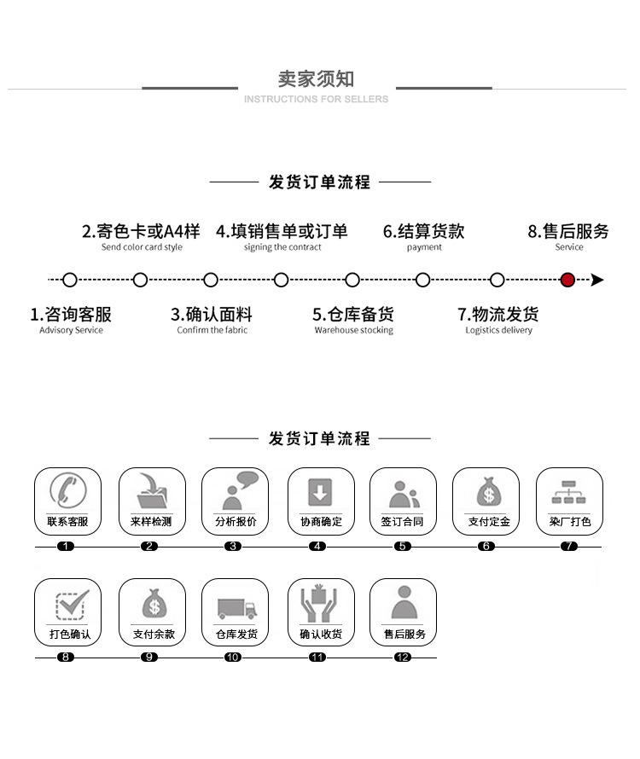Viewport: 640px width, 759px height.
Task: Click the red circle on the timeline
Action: pyautogui.click(x=567, y=280)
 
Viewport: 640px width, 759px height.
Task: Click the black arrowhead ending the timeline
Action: pyautogui.click(x=597, y=280)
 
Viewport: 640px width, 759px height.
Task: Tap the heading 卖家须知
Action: pyautogui.click(x=316, y=79)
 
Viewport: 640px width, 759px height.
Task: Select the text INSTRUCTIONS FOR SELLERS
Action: pyautogui.click(x=316, y=100)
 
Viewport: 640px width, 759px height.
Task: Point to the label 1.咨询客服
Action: pyautogui.click(x=71, y=315)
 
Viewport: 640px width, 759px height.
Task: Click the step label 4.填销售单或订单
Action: pyautogui.click(x=282, y=231)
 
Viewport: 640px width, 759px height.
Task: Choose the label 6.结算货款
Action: pyautogui.click(x=423, y=231)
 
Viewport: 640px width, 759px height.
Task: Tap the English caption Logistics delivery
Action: pyautogui.click(x=498, y=331)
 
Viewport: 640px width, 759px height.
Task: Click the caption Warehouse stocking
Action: pyautogui.click(x=353, y=331)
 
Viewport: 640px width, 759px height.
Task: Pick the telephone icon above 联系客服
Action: pyautogui.click(x=67, y=491)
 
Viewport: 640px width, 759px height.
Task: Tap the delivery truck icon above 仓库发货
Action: pyautogui.click(x=236, y=607)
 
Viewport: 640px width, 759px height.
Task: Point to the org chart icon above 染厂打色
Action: pyautogui.click(x=568, y=492)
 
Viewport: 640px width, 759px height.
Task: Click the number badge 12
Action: pyautogui.click(x=403, y=658)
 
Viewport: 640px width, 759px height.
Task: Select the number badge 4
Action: pyautogui.click(x=317, y=546)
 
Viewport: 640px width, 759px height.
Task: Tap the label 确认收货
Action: pyautogui.click(x=320, y=634)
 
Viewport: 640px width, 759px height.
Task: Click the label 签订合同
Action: pyautogui.click(x=402, y=522)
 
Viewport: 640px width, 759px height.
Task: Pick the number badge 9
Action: pyautogui.click(x=150, y=658)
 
